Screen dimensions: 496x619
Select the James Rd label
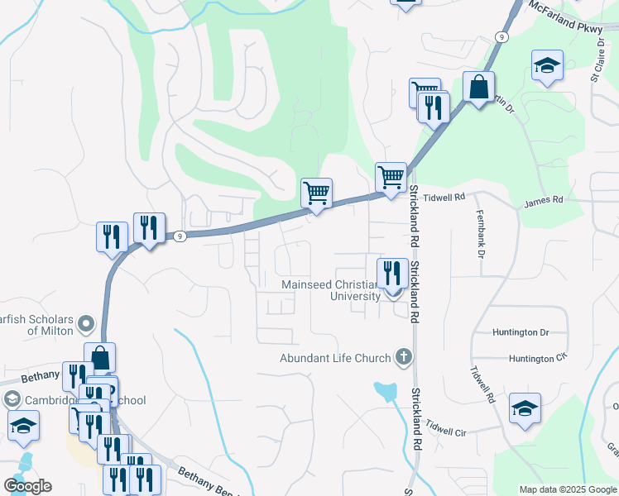pos(544,200)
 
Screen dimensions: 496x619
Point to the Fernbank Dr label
pos(480,233)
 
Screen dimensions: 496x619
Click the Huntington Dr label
pos(521,332)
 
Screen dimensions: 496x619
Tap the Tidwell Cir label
pos(447,429)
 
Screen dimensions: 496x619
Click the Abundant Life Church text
pos(335,358)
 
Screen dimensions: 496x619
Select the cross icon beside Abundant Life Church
pos(403,357)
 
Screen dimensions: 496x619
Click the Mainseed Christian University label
pos(331,290)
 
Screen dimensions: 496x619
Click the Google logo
pos(27,486)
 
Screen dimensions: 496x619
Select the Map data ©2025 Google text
pos(568,489)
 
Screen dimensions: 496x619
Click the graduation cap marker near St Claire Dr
pos(546,65)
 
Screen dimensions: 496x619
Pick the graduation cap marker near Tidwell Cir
pos(525,408)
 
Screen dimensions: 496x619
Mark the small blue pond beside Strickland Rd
pos(386,391)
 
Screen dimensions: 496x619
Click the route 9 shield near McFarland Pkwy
pos(502,37)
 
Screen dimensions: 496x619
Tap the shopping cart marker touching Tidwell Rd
pos(391,176)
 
